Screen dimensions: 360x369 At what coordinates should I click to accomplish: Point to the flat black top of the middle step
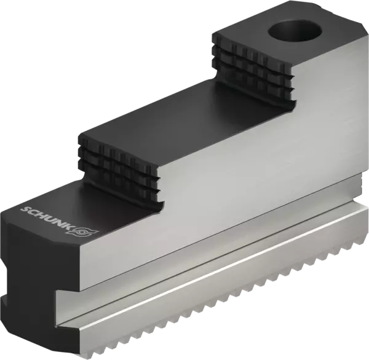pyautogui.click(x=184, y=123)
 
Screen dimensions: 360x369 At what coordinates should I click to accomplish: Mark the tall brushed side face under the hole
pyautogui.click(x=320, y=123)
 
